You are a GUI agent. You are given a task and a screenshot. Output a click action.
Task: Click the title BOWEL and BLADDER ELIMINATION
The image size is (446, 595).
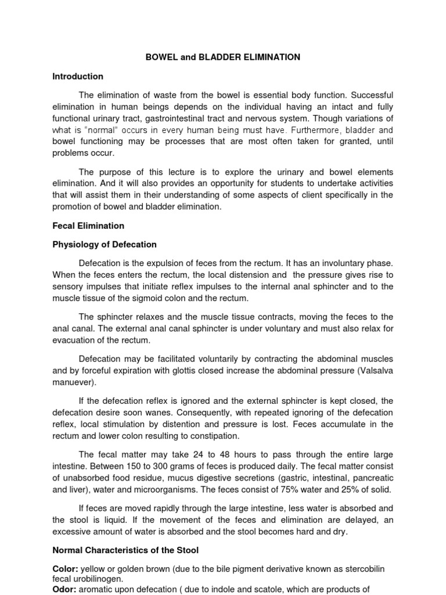point(222,57)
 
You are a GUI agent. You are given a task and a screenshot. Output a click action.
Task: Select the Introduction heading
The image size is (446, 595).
point(78,76)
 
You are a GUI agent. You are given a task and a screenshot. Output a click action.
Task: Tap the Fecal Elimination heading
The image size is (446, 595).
point(88,225)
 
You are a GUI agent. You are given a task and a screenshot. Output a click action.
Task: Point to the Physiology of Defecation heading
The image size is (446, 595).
point(105,244)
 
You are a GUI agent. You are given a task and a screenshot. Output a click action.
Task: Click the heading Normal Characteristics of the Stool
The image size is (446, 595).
point(127,549)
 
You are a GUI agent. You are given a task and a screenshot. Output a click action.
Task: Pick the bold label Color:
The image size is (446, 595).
point(65,568)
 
